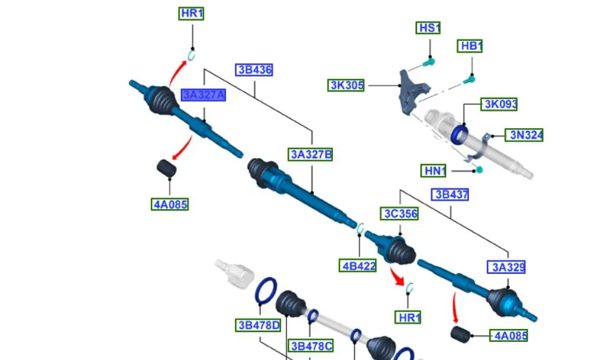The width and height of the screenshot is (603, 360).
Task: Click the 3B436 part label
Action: pyautogui.click(x=254, y=70)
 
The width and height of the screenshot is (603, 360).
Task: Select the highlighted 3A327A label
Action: pyautogui.click(x=203, y=95)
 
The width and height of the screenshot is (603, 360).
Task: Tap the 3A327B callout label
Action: pyautogui.click(x=311, y=154)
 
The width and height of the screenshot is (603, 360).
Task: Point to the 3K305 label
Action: pyautogui.click(x=347, y=85)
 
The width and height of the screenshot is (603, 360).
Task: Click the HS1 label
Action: pyautogui.click(x=429, y=28)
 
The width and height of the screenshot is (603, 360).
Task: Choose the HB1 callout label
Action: pyautogui.click(x=471, y=46)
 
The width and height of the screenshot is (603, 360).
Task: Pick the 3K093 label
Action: pyautogui.click(x=499, y=104)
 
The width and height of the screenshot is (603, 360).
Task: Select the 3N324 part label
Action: pyautogui.click(x=525, y=135)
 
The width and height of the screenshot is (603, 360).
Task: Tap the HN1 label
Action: pyautogui.click(x=435, y=171)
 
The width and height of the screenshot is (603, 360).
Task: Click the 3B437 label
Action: pyautogui.click(x=451, y=194)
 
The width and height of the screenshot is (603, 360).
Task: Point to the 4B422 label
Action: pyautogui.click(x=358, y=265)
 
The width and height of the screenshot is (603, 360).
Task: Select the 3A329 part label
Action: pyautogui.click(x=506, y=267)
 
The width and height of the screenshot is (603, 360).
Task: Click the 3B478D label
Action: pyautogui.click(x=258, y=325)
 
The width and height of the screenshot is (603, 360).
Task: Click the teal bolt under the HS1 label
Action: pyautogui.click(x=428, y=62)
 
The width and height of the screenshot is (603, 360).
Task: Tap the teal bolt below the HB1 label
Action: pyautogui.click(x=470, y=80)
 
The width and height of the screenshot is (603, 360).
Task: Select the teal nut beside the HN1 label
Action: pyautogui.click(x=480, y=170)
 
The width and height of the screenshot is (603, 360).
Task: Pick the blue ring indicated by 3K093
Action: pyautogui.click(x=461, y=133)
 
